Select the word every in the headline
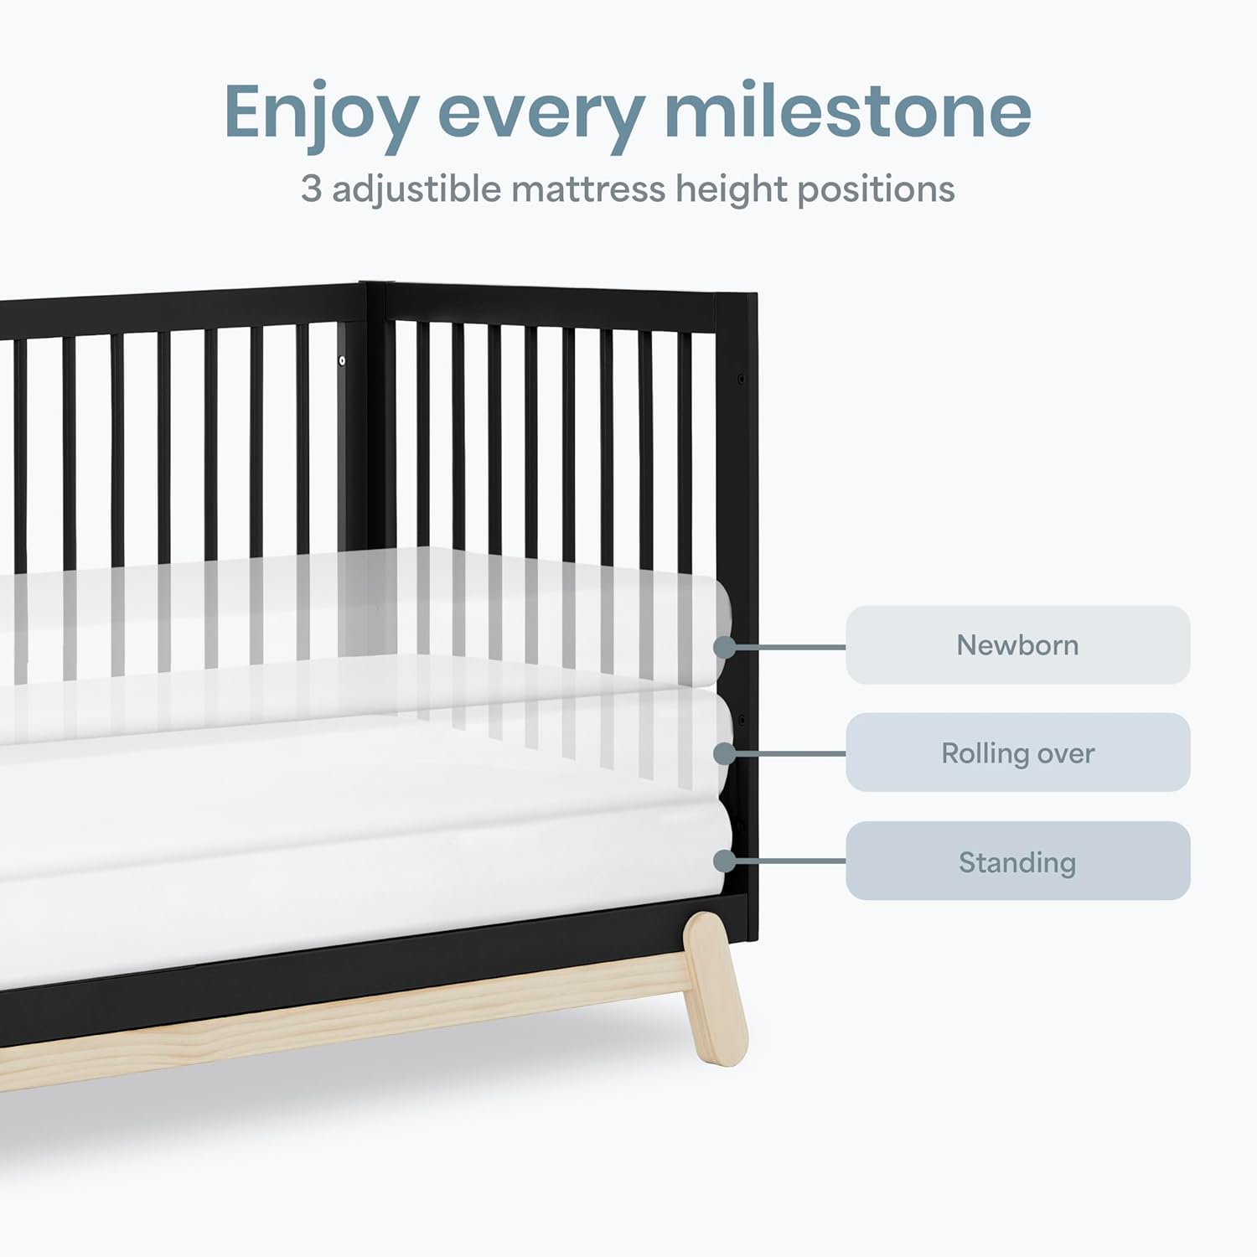[542, 117]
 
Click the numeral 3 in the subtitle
[311, 189]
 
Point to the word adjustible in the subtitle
[416, 190]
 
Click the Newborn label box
[1017, 644]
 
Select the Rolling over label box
[1017, 753]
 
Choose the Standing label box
[1017, 861]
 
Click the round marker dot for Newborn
[725, 647]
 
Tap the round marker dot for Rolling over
[725, 753]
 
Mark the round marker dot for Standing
[725, 861]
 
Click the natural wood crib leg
[715, 989]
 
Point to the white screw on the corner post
[342, 361]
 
